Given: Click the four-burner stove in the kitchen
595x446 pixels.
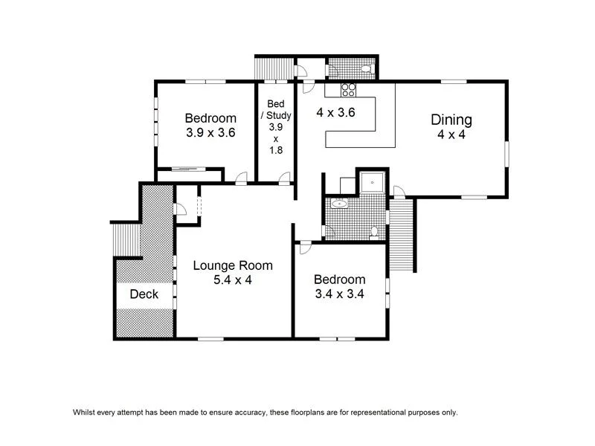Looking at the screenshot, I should (349, 90).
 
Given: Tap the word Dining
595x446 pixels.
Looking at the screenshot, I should (451, 120).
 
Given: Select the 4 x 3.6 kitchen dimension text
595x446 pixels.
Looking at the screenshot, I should (335, 113).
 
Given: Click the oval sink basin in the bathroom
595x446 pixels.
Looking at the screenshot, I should (341, 203).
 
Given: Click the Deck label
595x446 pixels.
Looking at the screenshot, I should (144, 294).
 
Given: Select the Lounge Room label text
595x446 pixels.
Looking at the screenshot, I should (233, 265).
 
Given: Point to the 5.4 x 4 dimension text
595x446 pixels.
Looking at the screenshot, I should (233, 280).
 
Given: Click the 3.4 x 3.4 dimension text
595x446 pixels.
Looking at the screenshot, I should (339, 294).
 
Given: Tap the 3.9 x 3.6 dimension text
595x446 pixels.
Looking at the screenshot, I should (210, 133).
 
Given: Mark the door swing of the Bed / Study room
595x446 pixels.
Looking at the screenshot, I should (284, 177).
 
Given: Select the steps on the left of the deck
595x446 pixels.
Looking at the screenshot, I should (125, 239).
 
